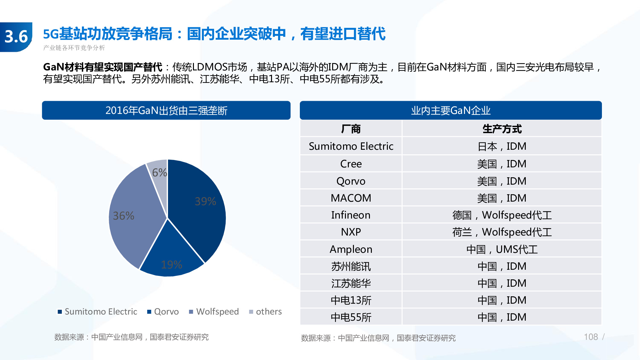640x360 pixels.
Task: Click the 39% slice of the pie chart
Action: click(x=198, y=205)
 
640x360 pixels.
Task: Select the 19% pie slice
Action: click(x=172, y=259)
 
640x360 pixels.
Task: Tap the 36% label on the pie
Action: click(x=124, y=216)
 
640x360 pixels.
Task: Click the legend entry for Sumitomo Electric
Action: click(x=97, y=311)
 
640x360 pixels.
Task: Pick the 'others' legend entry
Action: click(x=265, y=311)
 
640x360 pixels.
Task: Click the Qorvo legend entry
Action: click(x=163, y=311)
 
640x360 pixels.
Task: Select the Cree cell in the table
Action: click(x=351, y=164)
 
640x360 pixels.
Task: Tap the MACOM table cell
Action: click(x=351, y=198)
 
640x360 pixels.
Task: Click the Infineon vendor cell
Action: click(x=351, y=215)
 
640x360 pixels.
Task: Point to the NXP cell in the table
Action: click(x=351, y=232)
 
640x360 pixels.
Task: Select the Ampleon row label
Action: click(x=351, y=249)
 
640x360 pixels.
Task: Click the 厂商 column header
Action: click(x=351, y=129)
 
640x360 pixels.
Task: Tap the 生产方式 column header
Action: click(x=502, y=129)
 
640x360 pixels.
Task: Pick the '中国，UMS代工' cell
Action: click(x=502, y=249)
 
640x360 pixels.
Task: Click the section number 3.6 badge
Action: click(x=16, y=36)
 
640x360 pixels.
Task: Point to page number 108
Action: click(x=591, y=337)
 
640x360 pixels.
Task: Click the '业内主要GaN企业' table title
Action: click(x=451, y=110)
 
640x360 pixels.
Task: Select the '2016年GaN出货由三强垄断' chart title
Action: click(x=166, y=110)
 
